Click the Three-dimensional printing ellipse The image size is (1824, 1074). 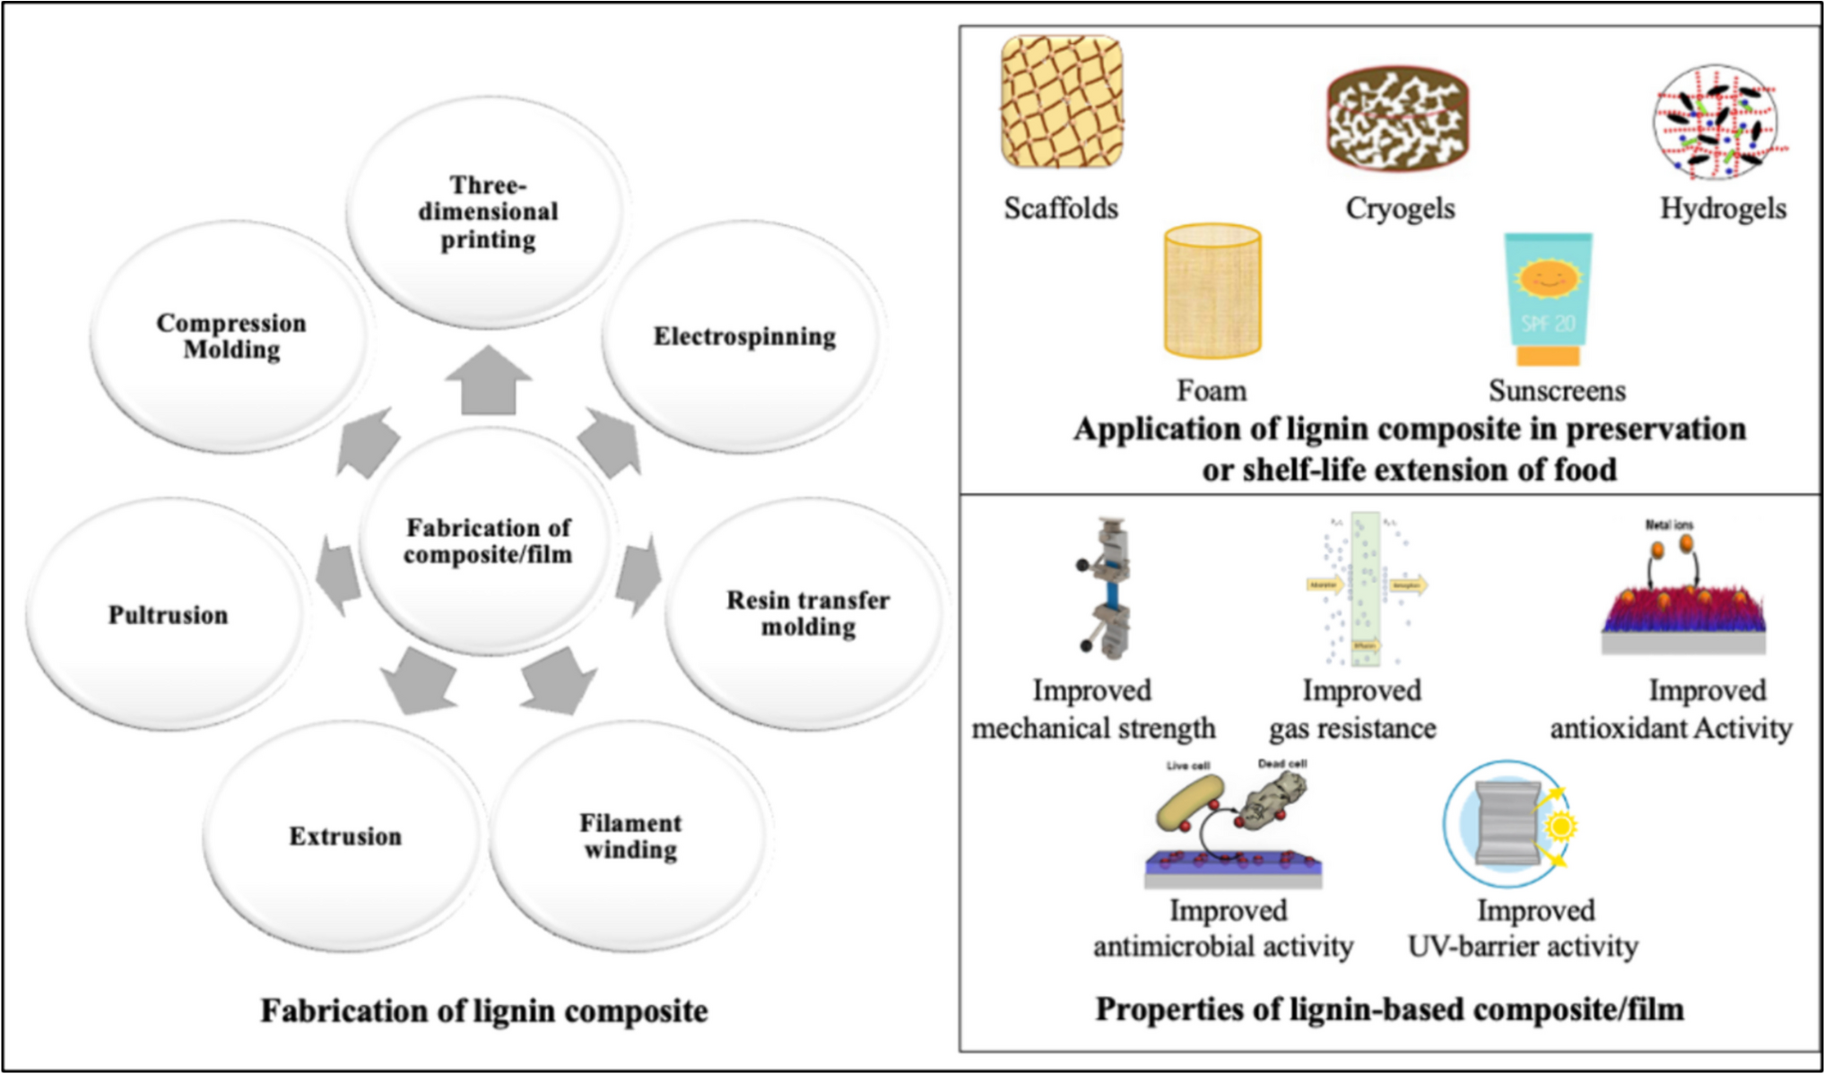pyautogui.click(x=487, y=212)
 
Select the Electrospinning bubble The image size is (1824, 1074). pyautogui.click(x=743, y=336)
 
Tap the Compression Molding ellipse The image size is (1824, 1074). pyautogui.click(x=231, y=336)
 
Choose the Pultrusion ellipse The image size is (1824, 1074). pyautogui.click(x=168, y=615)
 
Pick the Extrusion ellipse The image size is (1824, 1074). pyautogui.click(x=345, y=836)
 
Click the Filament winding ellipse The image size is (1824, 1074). pyautogui.click(x=630, y=836)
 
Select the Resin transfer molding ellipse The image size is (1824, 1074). pyautogui.click(x=807, y=613)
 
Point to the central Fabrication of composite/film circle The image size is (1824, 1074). pyautogui.click(x=488, y=541)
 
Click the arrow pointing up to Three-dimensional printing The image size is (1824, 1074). pyautogui.click(x=489, y=380)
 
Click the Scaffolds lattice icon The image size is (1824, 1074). pyautogui.click(x=1062, y=102)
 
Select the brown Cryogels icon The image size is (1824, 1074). pyautogui.click(x=1397, y=117)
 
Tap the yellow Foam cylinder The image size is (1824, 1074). pyautogui.click(x=1212, y=291)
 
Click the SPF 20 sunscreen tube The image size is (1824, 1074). pyautogui.click(x=1548, y=299)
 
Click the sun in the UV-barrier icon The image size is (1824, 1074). pyautogui.click(x=1561, y=826)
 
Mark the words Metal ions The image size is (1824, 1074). pyautogui.click(x=1669, y=524)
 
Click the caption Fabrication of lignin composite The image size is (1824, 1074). pyautogui.click(x=484, y=1011)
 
